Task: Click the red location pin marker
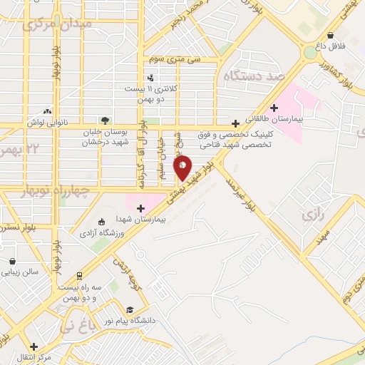coord(182,168)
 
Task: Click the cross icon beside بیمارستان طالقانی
coord(274,108)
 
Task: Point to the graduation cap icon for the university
coord(130,309)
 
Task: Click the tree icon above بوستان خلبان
coord(106,120)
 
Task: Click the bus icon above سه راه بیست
coord(78,275)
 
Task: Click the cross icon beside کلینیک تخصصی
coord(235,123)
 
